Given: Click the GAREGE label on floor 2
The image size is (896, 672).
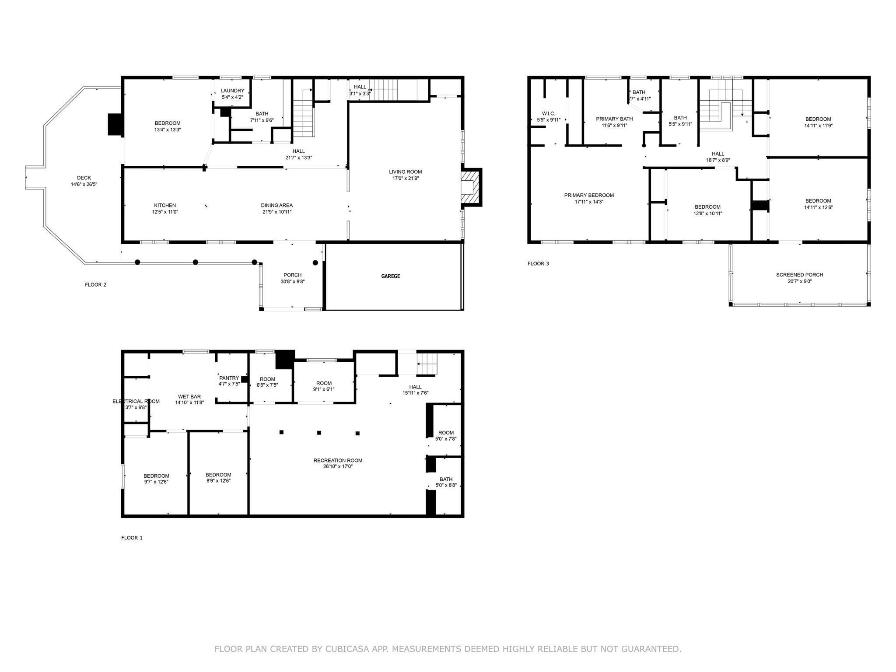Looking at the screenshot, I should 390,276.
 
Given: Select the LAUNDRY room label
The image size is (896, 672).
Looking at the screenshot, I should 232,91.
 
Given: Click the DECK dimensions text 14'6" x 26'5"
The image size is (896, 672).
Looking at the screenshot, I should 84,185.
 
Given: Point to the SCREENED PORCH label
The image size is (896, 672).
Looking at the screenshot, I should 799,275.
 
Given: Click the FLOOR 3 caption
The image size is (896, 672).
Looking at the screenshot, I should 538,263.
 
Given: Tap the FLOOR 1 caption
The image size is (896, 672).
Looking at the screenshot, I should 132,538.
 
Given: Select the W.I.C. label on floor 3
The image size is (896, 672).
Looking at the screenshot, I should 548,113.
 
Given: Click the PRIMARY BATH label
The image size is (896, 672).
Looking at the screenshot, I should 614,119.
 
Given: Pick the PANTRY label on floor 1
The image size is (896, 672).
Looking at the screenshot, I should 229,378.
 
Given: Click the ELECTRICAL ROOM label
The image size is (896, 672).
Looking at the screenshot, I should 136,401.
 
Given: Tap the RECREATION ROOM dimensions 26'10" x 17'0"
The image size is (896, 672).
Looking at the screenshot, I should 338,466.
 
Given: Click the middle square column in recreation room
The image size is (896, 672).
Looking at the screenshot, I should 319,433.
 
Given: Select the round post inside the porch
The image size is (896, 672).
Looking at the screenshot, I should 315,263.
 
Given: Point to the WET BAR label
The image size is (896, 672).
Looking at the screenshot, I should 189,397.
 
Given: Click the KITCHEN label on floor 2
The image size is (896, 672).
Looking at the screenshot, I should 165,205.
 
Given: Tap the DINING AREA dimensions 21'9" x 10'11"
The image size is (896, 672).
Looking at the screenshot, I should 276,212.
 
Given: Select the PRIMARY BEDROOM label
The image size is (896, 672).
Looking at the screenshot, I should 588,195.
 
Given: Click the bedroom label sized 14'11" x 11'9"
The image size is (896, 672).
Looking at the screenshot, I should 818,119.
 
